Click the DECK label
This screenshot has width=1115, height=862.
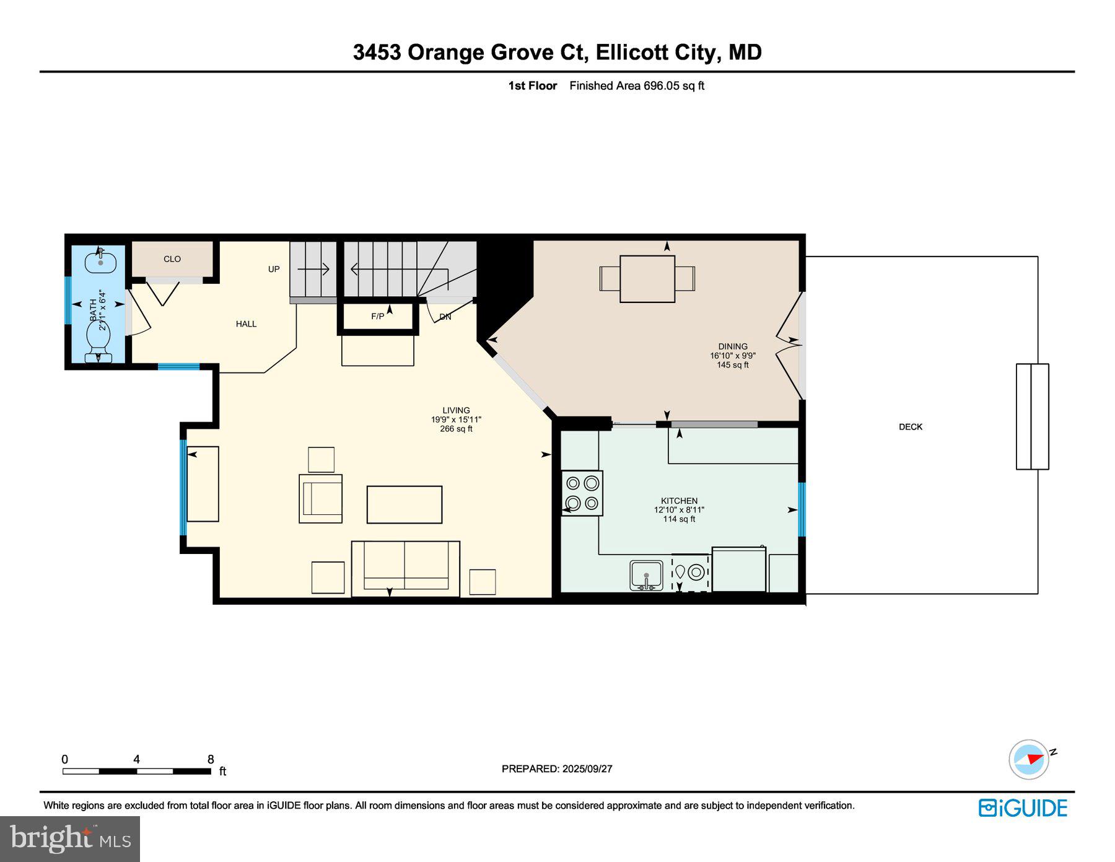(910, 426)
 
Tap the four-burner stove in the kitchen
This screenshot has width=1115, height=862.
(582, 493)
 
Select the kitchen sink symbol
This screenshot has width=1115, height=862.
(646, 576)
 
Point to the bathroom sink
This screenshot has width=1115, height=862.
(100, 261)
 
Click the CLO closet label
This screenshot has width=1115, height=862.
(172, 259)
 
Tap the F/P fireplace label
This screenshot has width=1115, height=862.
(377, 316)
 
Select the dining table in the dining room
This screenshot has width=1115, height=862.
(647, 279)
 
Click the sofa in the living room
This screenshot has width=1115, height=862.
(406, 568)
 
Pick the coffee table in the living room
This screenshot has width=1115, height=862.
(404, 504)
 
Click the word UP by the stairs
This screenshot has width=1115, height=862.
(274, 269)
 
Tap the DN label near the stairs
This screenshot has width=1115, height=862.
(445, 317)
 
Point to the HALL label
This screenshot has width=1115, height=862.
(246, 323)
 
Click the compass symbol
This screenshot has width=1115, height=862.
(1030, 759)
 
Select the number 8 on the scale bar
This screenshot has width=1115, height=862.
(211, 759)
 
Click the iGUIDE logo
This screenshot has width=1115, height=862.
(1023, 807)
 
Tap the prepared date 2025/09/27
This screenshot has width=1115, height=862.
(587, 768)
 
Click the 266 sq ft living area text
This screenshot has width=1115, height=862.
(456, 429)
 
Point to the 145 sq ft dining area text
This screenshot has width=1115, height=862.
(733, 365)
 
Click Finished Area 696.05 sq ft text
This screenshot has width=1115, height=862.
(637, 86)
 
